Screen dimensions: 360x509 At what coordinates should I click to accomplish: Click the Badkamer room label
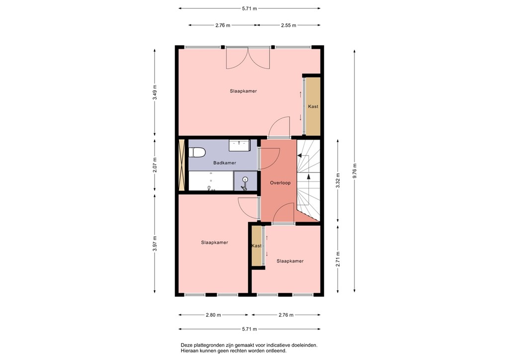(225, 163)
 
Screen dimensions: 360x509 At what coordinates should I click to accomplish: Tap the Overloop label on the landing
(280, 183)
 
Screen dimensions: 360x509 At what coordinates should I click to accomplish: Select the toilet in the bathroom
(197, 153)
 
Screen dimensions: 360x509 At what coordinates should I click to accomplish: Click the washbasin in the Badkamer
(239, 145)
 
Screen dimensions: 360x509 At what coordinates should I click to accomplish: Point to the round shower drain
(245, 180)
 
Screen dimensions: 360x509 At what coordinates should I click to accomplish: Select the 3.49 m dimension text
(155, 94)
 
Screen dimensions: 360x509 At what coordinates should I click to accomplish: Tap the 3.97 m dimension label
(155, 243)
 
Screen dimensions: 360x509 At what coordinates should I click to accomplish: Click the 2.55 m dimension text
(288, 25)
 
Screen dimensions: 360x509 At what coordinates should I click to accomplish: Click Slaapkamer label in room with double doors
(243, 91)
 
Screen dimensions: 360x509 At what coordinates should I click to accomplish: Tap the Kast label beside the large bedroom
(313, 106)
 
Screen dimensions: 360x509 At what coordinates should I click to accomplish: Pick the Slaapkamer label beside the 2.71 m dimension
(290, 261)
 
